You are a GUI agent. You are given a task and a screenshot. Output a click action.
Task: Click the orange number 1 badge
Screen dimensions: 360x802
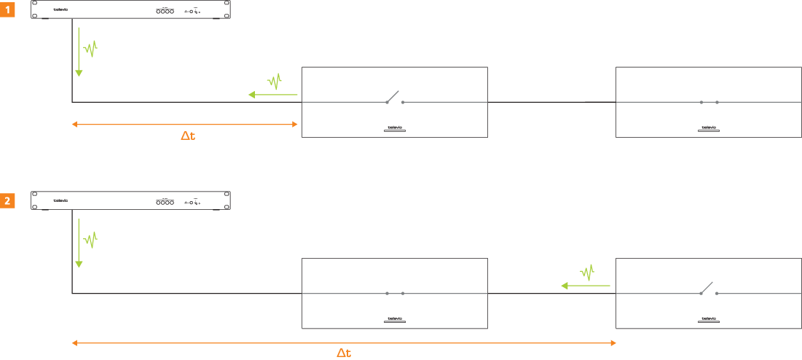[8, 9]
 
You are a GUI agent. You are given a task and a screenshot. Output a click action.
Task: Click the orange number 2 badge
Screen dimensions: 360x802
[8, 200]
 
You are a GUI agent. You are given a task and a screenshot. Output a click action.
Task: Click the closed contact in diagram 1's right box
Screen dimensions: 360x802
[709, 102]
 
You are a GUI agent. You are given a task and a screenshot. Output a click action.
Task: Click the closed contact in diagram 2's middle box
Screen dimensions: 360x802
[395, 294]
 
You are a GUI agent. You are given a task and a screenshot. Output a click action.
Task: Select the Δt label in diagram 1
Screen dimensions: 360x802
[188, 136]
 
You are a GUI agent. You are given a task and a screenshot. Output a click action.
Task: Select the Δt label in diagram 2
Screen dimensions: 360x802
[344, 353]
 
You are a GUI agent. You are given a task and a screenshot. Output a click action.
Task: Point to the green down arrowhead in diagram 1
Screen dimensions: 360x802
[79, 72]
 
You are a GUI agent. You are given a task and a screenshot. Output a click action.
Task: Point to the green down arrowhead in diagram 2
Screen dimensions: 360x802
[79, 264]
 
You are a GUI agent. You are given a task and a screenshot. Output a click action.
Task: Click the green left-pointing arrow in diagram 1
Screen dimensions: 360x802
[273, 94]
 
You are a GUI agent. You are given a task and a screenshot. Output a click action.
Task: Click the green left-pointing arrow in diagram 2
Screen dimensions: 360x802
[585, 286]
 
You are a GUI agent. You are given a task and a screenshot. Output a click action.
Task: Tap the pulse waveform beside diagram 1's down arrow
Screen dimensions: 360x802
[90, 50]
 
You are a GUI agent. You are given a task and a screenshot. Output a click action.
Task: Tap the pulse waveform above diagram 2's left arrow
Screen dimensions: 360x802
[587, 273]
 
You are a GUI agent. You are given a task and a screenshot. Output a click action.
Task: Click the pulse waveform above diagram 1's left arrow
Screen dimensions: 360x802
[275, 81]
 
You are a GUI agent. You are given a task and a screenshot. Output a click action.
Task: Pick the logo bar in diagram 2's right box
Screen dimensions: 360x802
[709, 320]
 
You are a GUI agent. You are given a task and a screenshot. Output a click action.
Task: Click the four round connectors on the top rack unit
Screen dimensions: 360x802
[165, 11]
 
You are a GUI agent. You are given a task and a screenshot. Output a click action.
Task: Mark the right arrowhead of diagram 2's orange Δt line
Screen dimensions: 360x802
[613, 343]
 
